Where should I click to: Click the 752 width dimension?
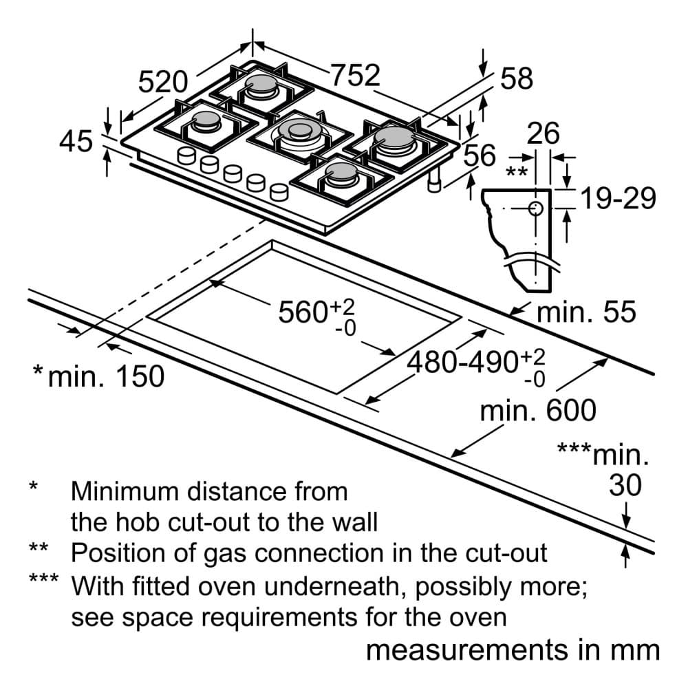355,75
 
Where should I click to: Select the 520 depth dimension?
163,82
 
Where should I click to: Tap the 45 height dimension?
76,141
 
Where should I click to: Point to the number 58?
517,78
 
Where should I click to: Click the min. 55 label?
586,312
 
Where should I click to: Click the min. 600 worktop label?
538,411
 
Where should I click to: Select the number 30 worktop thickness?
625,485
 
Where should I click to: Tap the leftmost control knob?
186,155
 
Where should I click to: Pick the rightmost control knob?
279,192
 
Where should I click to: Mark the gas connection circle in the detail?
536,208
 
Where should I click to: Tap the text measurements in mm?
513,650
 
